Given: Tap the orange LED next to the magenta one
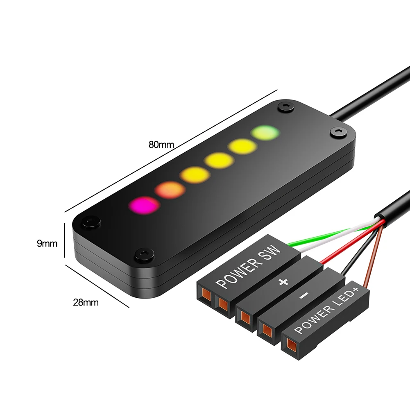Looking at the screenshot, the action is pos(169,189).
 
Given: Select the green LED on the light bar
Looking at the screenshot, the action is pos(265,133).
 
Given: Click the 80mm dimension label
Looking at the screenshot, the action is pos(161,144).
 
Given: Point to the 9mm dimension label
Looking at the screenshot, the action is pos(47,244).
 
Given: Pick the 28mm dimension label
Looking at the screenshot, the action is pos(86,303).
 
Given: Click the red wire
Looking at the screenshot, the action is pos(348,242).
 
